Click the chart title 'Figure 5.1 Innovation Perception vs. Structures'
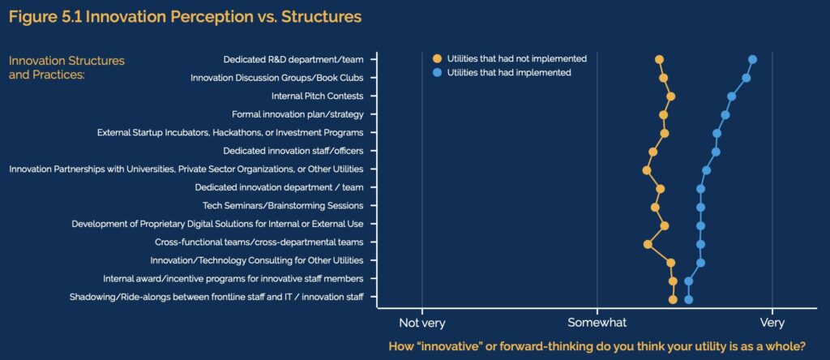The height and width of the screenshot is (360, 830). coord(186,17)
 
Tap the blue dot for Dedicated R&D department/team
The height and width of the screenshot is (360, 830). coord(752,59)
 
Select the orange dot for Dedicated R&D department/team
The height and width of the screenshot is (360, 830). coord(659,59)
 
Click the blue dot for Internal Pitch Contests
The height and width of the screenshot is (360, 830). coord(732,96)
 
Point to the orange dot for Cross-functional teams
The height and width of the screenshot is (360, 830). coord(648,244)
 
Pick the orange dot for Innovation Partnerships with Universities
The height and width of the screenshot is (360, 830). coord(646,170)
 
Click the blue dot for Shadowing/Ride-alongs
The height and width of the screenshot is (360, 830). coord(689,300)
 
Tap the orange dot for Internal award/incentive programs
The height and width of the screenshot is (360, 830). coord(673,281)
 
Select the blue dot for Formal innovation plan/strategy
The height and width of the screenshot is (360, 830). coord(725,115)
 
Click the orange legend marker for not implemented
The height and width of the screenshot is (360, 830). coord(437,58)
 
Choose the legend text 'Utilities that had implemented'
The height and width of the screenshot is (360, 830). coord(509,72)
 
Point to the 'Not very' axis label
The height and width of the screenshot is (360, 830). coord(421,323)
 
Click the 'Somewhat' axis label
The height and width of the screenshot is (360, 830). coord(597,323)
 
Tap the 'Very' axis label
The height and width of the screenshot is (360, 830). coord(772,323)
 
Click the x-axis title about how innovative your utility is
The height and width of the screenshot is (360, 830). coord(597,347)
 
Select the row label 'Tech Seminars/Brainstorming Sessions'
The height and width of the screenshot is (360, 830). coord(283,205)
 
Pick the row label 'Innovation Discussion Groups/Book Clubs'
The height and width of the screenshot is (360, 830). coord(277,78)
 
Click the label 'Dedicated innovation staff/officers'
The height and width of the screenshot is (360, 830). coord(293,151)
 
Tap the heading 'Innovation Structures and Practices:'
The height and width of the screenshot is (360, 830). coord(66,67)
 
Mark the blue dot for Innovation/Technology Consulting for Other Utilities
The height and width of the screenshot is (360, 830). coord(700,263)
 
